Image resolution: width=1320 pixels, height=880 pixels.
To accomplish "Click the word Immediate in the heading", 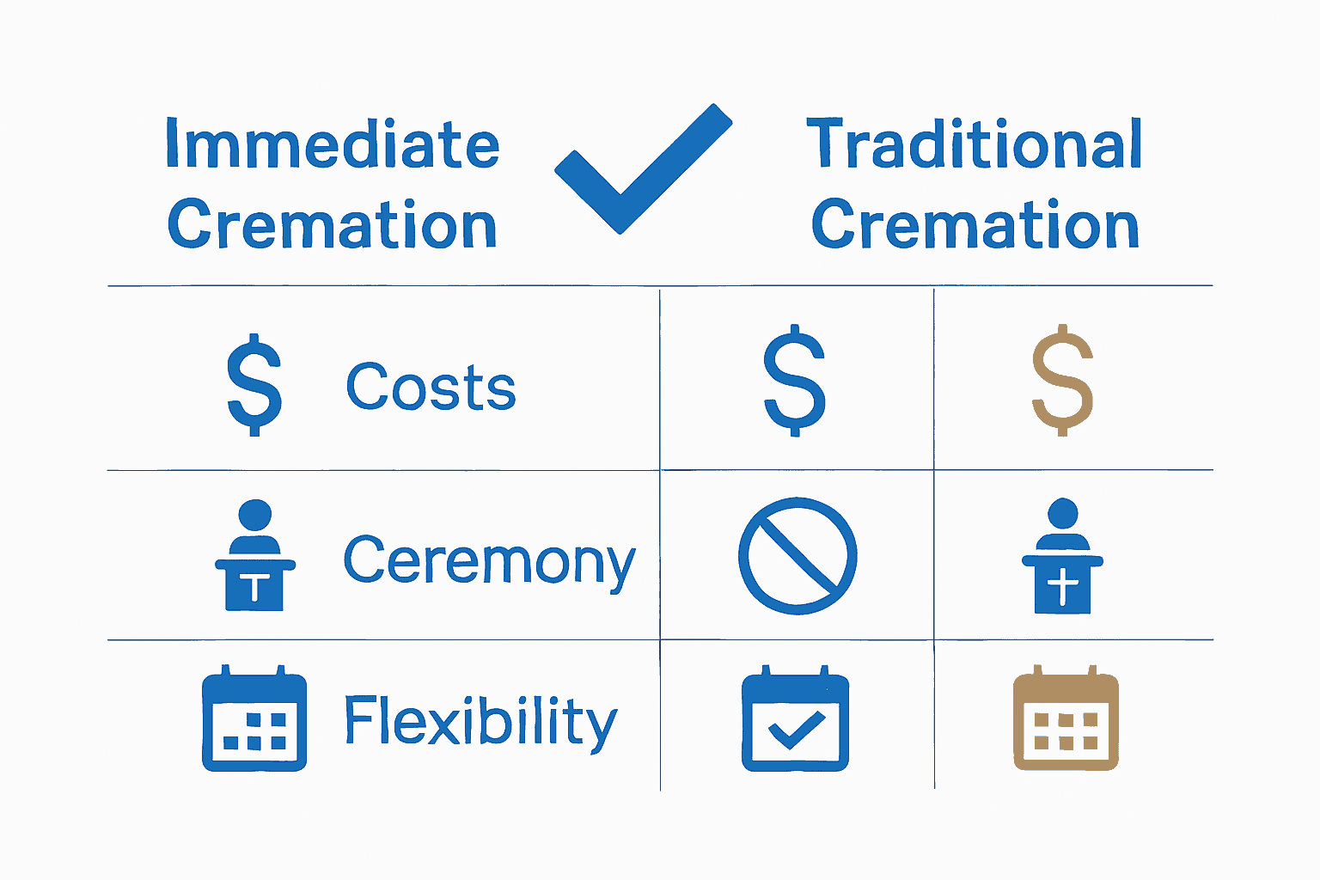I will point(332,144).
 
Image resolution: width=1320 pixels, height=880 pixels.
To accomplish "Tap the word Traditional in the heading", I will point(975,144).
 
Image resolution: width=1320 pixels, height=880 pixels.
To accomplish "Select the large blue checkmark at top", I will point(643,168).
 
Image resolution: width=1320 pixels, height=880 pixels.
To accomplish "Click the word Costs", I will point(431,387).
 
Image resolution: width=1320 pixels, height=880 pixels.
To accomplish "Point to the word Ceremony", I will point(489,561).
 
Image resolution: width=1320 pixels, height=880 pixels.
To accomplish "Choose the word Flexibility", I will point(480,722).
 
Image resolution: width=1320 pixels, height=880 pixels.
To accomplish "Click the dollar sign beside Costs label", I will point(254,384).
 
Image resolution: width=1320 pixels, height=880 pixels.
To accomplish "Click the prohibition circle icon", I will point(797,555).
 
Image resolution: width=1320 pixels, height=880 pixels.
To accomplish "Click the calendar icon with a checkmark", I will point(795,718).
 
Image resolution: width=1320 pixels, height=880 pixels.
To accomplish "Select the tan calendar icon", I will point(1066,718).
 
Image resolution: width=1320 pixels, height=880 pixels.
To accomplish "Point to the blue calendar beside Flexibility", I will point(254,718).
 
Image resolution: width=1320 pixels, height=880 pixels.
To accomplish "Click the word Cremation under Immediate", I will point(332,225).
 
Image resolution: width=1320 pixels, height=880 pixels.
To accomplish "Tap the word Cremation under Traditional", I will point(975,225).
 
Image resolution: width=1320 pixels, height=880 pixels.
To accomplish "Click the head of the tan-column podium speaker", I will point(1063,512).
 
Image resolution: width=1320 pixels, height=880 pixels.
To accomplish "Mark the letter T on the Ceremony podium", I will point(254,589).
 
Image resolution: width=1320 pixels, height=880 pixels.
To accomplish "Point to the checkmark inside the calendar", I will point(796,730).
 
